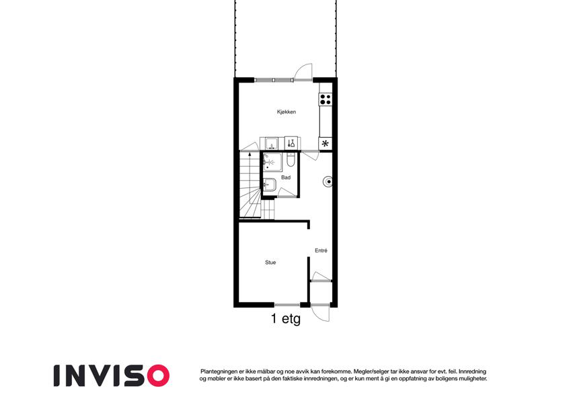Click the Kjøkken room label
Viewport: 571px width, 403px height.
coord(287,112)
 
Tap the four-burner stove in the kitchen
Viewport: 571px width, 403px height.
coord(326,99)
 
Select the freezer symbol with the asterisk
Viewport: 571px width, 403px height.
coord(326,143)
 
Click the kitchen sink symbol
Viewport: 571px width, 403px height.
coord(271,144)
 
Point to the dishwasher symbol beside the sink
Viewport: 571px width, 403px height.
coord(291,143)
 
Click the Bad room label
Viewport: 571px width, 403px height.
coord(286,177)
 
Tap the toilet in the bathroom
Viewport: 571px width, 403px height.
coord(291,160)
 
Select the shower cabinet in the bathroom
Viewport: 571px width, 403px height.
coord(272,162)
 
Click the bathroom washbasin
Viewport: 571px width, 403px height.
coord(270,185)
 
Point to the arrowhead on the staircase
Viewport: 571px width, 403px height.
coord(250,154)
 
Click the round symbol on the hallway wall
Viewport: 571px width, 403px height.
coord(328,181)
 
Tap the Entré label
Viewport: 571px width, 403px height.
coord(321,251)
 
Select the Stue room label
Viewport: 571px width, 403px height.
coord(270,262)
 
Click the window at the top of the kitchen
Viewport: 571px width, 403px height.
coord(274,80)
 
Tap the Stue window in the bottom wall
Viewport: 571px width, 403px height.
coord(287,305)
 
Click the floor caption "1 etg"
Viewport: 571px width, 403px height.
coord(286,319)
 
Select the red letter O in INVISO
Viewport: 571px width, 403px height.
coord(157,375)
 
